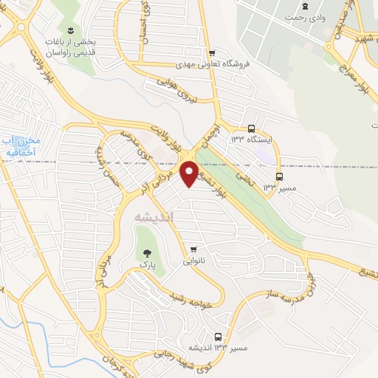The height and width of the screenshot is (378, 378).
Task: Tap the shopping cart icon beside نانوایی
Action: coord(193,249)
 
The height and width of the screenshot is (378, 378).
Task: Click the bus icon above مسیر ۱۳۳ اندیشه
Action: coord(217,334)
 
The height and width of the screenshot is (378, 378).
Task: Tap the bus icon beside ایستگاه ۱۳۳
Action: coord(252,127)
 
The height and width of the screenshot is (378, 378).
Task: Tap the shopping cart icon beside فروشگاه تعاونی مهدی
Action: coord(213,52)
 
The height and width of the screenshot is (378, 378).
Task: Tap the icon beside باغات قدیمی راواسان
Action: coord(69,30)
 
